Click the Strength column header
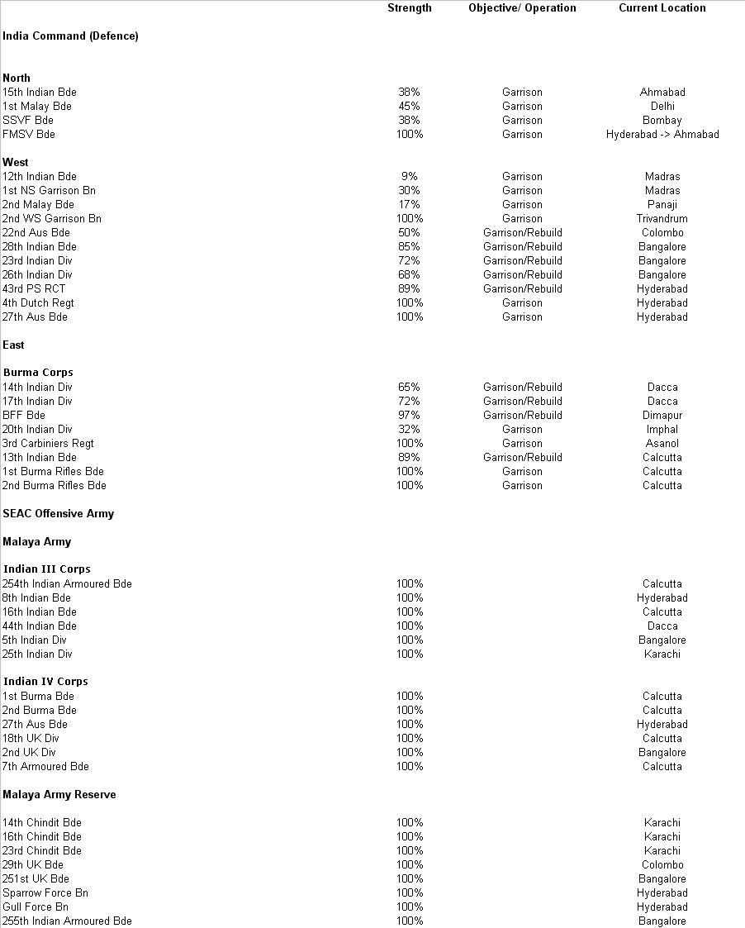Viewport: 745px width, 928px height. pos(409,8)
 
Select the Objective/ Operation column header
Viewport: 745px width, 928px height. pos(522,8)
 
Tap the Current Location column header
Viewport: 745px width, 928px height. pos(662,8)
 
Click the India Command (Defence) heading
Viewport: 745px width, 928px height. pos(70,36)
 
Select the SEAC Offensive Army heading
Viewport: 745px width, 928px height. pos(58,514)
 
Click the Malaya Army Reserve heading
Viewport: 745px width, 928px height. pos(59,795)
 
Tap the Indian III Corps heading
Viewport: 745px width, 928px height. pos(47,569)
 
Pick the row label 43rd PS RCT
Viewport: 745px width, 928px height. pos(33,289)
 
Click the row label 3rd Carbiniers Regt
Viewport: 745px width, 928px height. pos(48,444)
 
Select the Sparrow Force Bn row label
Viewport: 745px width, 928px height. pos(45,893)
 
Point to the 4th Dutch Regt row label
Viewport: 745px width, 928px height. pos(38,303)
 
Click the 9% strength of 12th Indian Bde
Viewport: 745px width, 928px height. pos(409,177)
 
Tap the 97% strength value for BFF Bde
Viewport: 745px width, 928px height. pos(409,416)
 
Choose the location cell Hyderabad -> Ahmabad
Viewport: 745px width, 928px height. pos(662,135)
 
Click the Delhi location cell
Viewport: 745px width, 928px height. pos(662,107)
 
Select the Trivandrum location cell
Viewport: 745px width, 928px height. pos(662,219)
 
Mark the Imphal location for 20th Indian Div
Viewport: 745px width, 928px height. pos(662,430)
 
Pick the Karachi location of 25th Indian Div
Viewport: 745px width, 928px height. pos(662,654)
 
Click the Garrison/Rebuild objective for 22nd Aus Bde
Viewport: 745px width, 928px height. pos(522,233)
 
